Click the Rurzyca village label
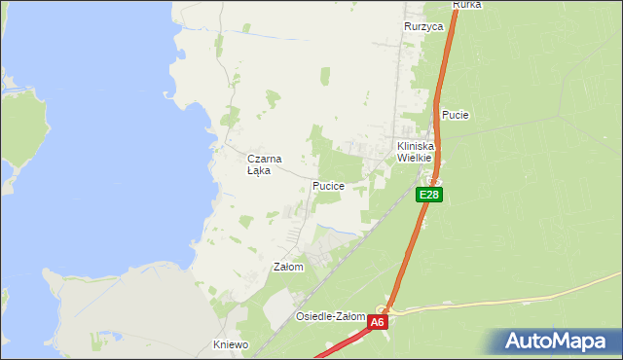423,27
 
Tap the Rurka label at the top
467,5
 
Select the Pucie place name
456,115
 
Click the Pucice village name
328,185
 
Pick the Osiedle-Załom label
330,316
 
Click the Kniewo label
231,344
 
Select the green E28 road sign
429,195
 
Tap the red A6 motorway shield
378,321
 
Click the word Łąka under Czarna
258,170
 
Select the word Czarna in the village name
264,159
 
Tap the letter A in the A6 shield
374,321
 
